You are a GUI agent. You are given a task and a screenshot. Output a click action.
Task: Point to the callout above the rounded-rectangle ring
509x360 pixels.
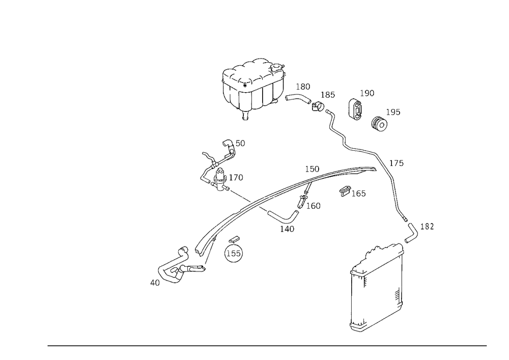367,93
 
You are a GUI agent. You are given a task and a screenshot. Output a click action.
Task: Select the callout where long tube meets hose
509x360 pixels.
397,163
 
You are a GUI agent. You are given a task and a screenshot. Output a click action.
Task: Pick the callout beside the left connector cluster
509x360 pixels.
235,177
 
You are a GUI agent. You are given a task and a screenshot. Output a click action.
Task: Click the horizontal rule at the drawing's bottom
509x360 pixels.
267,345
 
